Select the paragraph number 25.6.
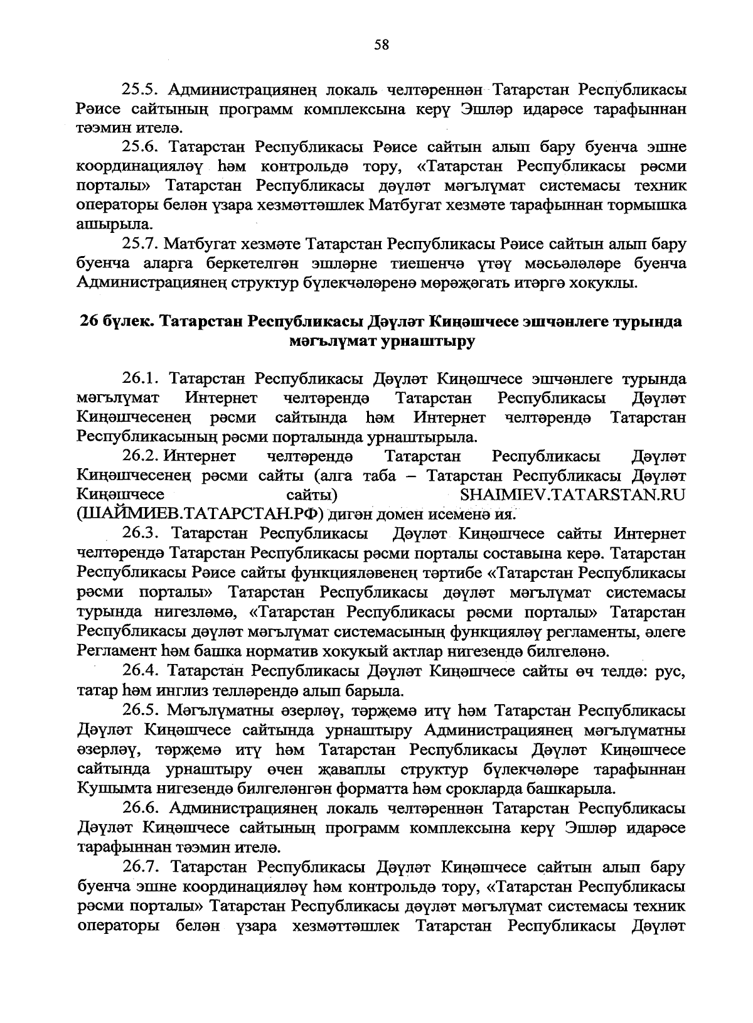click(x=142, y=147)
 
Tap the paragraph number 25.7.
click(x=142, y=244)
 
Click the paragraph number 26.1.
click(x=142, y=380)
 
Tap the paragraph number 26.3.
click(x=142, y=533)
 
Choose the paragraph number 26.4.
click(x=142, y=672)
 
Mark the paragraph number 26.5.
click(x=142, y=710)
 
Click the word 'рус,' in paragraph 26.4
click(x=669, y=672)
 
